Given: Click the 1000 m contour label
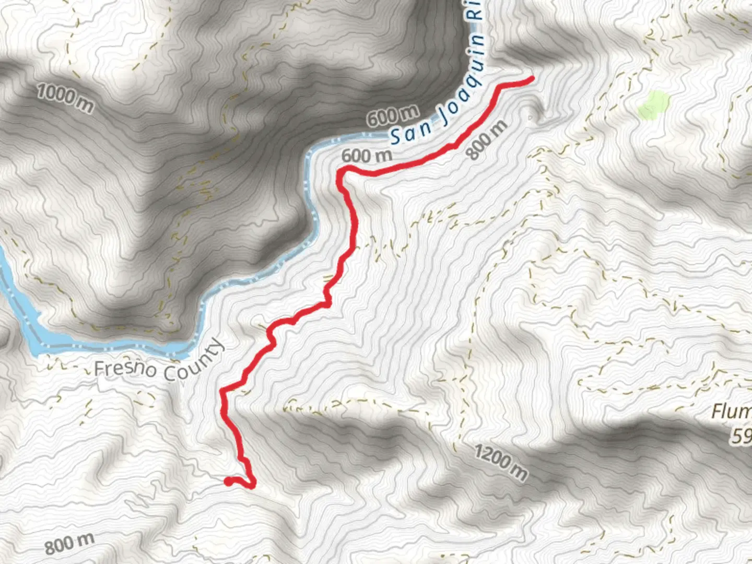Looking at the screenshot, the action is [66, 98].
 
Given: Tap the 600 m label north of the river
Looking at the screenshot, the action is [392, 116].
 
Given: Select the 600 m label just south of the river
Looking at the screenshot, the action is [367, 156].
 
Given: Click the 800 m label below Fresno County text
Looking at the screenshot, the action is [69, 544].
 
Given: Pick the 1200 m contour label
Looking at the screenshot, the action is [501, 462].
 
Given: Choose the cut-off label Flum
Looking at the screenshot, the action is [731, 412].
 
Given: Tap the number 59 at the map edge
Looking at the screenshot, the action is [742, 437].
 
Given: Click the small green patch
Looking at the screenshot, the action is [653, 104].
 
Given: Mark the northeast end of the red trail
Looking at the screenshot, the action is [532, 78].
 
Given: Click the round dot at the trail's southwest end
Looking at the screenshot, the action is [228, 481].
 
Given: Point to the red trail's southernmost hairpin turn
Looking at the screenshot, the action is [252, 485].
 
